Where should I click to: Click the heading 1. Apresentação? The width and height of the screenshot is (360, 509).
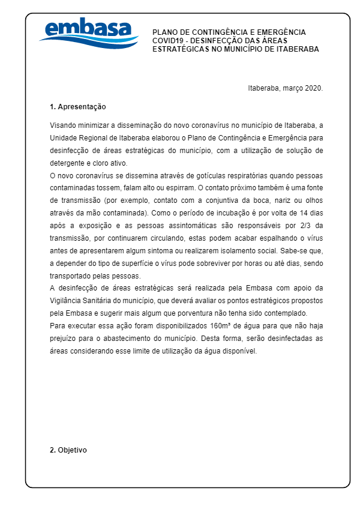[x=77, y=107]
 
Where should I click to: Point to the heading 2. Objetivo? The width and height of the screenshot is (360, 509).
[x=68, y=450]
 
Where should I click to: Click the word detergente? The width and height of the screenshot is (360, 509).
[x=68, y=163]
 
